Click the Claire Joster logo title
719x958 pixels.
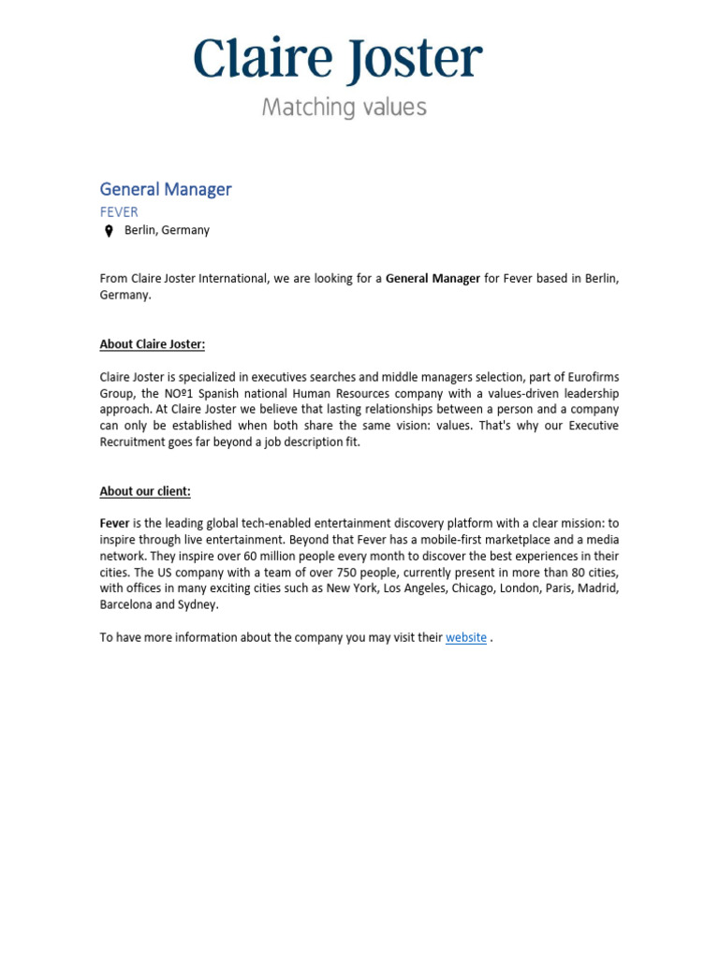pos(338,59)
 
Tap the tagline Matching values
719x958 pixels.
pos(344,108)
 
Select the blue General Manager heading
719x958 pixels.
pos(166,189)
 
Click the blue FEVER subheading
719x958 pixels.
pos(119,212)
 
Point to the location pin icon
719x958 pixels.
pos(109,231)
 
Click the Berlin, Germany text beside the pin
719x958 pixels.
pos(167,230)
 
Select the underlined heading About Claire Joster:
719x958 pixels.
pos(152,344)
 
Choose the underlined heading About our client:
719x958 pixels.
pos(145,491)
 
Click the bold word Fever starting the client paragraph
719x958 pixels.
pos(114,524)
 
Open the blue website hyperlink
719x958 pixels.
pos(465,638)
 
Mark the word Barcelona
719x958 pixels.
pos(125,604)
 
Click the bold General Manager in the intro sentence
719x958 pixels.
pos(433,279)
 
